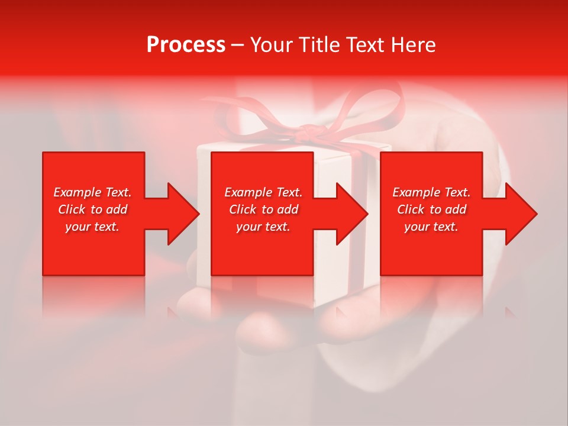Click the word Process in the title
click(186, 45)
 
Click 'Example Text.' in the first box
click(92, 192)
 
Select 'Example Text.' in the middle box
click(263, 192)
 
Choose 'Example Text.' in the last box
click(431, 192)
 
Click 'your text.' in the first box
click(92, 227)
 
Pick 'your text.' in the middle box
click(263, 227)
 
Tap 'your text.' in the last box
click(431, 227)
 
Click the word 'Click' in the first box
click(72, 209)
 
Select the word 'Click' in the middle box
click(243, 209)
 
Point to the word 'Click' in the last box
click(411, 209)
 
